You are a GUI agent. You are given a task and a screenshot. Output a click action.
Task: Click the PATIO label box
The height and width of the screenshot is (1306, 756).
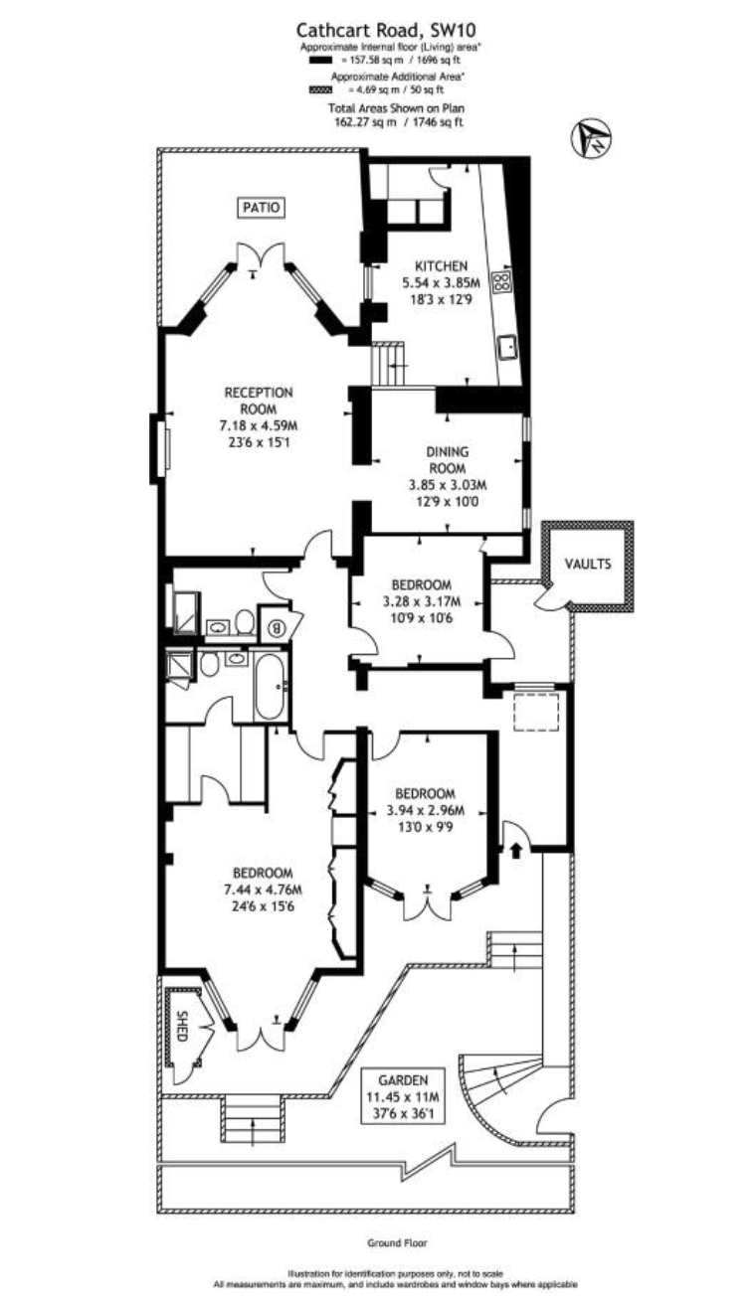(262, 208)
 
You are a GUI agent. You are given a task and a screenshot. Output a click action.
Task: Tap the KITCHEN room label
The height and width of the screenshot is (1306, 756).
(441, 265)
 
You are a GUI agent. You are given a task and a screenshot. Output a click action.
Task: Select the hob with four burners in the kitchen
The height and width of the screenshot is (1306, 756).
(501, 282)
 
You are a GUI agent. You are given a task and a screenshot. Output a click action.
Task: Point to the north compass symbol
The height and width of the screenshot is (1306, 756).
(590, 138)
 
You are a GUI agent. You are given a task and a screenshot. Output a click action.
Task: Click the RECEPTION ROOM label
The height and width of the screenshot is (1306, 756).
(259, 401)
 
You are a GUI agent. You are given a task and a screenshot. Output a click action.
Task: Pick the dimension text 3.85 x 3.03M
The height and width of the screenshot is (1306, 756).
(448, 484)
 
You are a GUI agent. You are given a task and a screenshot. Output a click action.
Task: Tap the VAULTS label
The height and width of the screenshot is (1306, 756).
(588, 564)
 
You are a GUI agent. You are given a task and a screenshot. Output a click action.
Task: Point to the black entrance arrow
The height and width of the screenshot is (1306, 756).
(515, 851)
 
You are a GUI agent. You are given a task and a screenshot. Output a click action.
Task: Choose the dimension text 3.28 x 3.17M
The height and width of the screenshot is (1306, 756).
(422, 601)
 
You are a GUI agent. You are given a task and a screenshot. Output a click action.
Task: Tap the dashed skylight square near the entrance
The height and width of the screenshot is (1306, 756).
(535, 712)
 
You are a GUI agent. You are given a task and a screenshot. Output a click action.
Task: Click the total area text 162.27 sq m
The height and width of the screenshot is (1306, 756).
(365, 122)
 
